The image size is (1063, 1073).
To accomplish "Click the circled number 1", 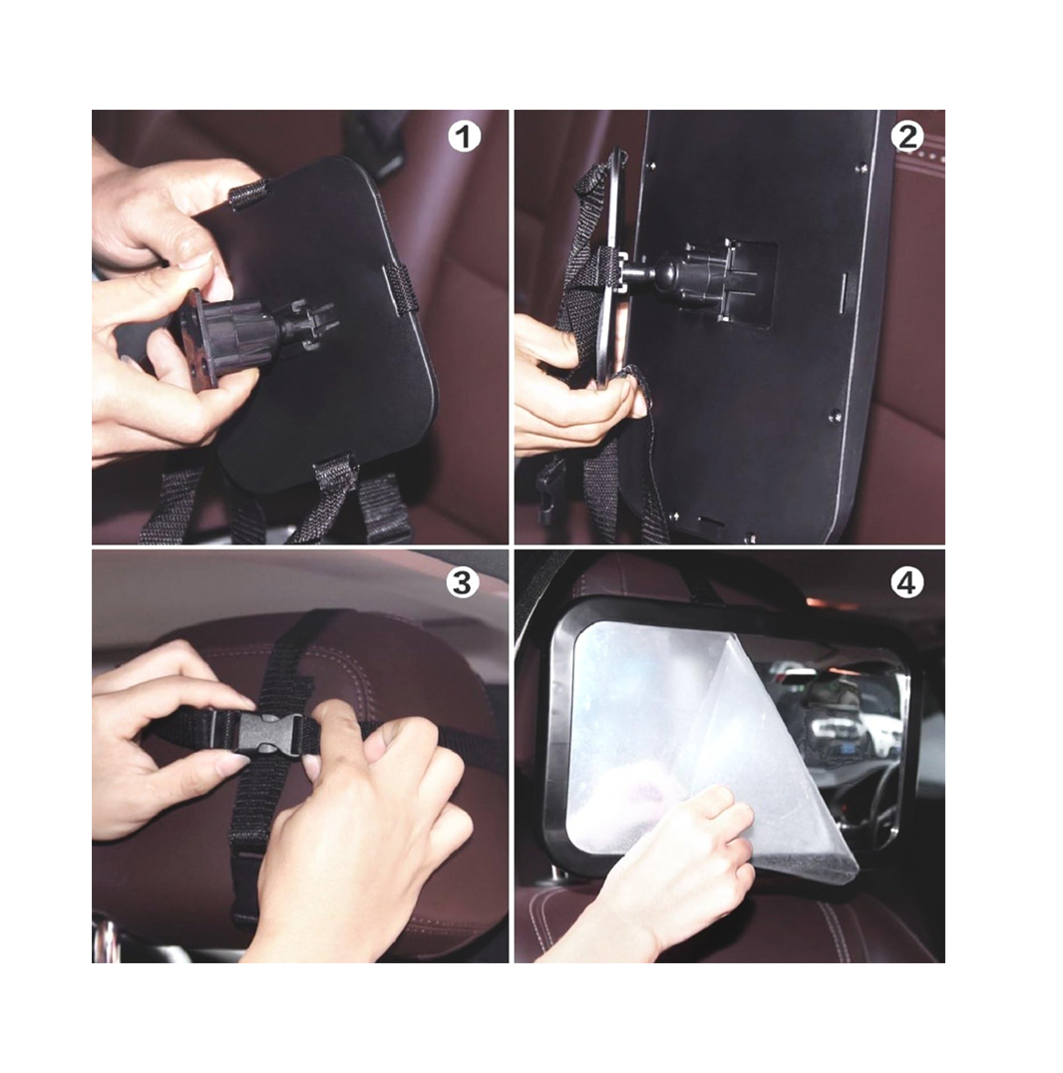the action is click(x=464, y=137).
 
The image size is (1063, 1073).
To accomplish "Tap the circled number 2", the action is click(x=907, y=137).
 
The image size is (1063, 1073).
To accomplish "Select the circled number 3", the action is click(x=463, y=583).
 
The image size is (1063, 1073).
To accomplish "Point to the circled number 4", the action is click(x=906, y=583).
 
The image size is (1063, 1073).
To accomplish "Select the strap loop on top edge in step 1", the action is click(x=247, y=195).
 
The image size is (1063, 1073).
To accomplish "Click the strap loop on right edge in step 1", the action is click(x=397, y=289).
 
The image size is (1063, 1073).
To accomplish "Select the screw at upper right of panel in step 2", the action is click(x=863, y=168).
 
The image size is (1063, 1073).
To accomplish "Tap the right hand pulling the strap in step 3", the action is click(x=370, y=821).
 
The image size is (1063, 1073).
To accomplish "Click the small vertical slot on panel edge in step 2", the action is click(x=844, y=291).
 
